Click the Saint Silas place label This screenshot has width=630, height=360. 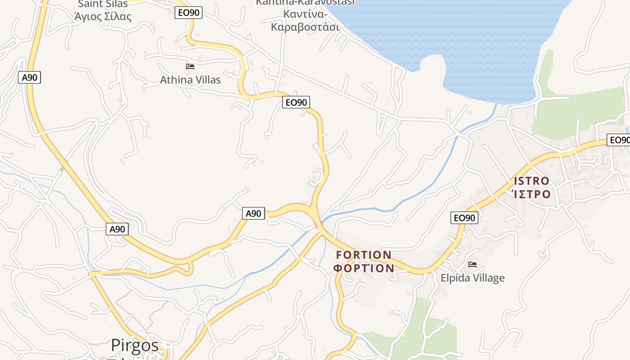(103, 4)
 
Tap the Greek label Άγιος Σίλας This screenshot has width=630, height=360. (103, 17)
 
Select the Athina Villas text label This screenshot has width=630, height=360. (190, 80)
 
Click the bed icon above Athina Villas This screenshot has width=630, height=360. (190, 67)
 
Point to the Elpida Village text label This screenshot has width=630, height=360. (472, 278)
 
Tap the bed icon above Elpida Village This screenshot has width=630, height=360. (472, 265)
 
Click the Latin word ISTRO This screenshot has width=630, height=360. (531, 181)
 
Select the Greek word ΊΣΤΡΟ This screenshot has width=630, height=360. (531, 194)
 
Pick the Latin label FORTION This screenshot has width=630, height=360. (364, 255)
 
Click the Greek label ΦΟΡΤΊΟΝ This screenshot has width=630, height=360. (364, 269)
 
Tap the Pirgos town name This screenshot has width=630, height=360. (135, 346)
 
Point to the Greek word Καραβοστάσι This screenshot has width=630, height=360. (305, 27)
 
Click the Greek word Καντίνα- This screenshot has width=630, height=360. (305, 14)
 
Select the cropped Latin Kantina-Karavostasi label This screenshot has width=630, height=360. (305, 3)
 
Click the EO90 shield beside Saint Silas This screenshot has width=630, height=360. (189, 13)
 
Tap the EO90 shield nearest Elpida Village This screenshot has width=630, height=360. (464, 218)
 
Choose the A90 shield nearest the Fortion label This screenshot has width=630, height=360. (253, 213)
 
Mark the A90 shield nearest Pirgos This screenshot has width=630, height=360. (117, 229)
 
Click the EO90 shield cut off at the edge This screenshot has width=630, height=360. (619, 140)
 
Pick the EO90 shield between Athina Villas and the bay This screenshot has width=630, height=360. (296, 103)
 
